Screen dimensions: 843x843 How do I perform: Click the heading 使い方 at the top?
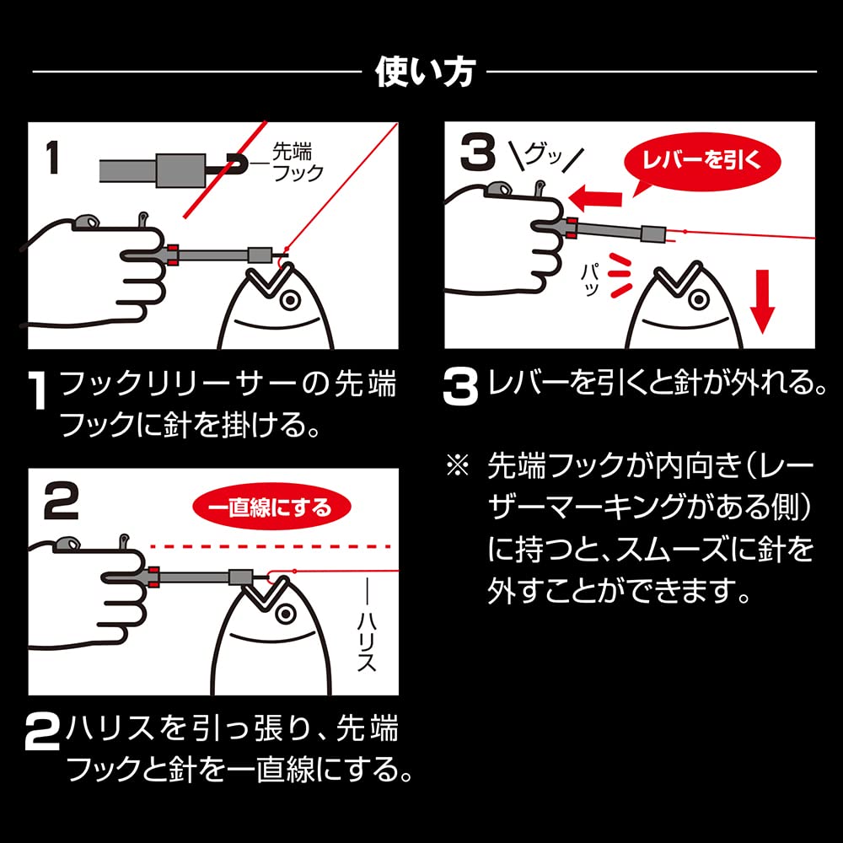[425, 72]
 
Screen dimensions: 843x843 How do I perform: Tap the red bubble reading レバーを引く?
[701, 161]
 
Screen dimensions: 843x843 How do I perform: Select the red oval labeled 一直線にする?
[271, 508]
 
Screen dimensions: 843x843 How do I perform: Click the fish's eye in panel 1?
[290, 299]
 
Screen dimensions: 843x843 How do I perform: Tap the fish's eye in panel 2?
[286, 614]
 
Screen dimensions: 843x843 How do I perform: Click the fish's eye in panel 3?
[698, 298]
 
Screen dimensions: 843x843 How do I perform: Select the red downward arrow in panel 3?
[762, 302]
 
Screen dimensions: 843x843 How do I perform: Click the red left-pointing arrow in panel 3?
[595, 199]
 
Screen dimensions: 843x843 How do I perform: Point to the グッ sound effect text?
[546, 156]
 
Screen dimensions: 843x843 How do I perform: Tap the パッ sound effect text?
[590, 280]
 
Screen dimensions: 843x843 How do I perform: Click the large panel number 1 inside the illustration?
[52, 158]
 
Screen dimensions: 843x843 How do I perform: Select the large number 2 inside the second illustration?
[62, 502]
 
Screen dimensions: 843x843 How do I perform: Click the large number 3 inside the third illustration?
[477, 153]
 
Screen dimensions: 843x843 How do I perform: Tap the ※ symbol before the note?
[458, 465]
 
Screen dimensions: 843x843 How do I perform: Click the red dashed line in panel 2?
[271, 547]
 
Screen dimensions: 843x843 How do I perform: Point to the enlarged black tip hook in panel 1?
[234, 164]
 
